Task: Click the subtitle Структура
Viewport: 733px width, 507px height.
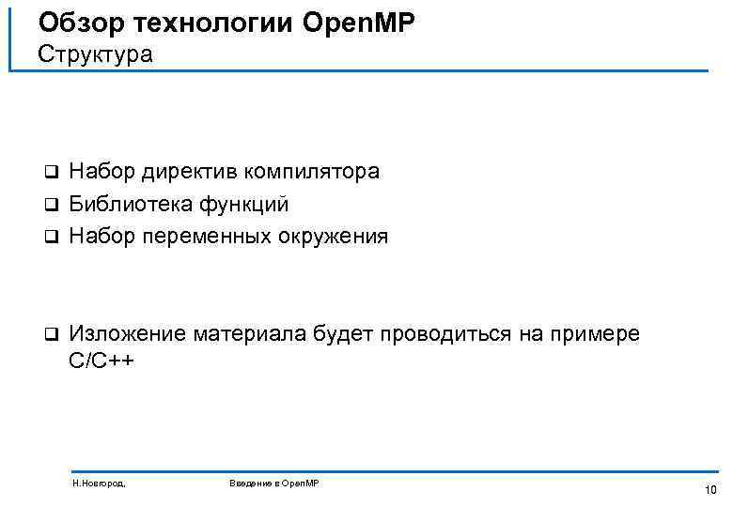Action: (95, 54)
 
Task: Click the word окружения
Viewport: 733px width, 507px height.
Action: (332, 236)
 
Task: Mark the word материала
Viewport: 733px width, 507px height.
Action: (242, 334)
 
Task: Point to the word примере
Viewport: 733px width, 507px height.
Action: (592, 334)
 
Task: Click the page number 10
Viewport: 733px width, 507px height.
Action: (710, 490)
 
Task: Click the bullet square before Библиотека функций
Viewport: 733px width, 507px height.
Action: (53, 205)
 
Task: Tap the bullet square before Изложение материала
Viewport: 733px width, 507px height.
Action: (53, 335)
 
